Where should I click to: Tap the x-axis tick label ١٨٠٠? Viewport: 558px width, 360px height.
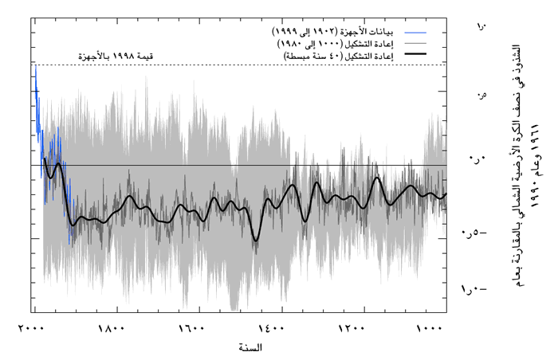114,329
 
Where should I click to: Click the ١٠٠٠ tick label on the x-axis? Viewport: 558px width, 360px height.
430,329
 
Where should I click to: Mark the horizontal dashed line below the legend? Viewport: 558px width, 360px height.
239,65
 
